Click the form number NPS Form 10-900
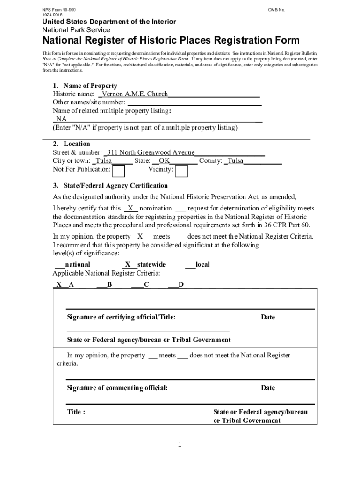point(58,9)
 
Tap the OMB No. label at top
point(276,9)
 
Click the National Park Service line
point(76,30)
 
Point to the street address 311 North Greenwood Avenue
point(151,152)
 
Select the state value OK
point(164,161)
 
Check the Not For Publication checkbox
point(119,171)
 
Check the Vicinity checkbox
point(181,171)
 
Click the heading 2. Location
point(72,144)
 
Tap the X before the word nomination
point(131,208)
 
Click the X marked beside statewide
point(128,264)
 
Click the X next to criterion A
point(59,284)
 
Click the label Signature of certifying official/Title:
point(122,317)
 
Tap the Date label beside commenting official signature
point(268,388)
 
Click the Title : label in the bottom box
point(76,412)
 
